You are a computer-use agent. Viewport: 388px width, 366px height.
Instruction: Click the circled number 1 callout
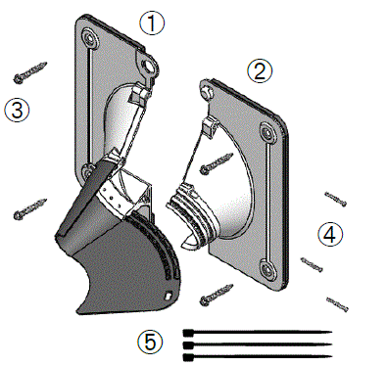[x=152, y=22]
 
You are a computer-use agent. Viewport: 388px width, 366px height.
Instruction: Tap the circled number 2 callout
[x=260, y=70]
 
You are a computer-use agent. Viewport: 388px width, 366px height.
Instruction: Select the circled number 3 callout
[x=17, y=110]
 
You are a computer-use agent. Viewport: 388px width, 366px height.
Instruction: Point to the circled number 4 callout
[x=330, y=234]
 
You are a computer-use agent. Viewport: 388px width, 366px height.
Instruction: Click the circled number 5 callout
[x=150, y=343]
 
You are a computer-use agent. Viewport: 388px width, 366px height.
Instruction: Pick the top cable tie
[x=258, y=333]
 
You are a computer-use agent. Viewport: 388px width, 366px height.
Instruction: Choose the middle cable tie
[x=258, y=344]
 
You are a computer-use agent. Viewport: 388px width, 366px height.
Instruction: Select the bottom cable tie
[x=258, y=357]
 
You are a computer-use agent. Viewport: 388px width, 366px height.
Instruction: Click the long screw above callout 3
[x=30, y=71]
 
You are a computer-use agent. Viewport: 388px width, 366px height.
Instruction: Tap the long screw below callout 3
[x=30, y=208]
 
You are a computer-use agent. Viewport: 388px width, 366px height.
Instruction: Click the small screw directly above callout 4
[x=335, y=199]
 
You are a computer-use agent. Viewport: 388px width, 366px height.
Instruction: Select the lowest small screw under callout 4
[x=337, y=304]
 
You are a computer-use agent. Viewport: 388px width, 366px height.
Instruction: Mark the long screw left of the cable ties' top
[x=217, y=295]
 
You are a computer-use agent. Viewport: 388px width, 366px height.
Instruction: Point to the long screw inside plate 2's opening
[x=217, y=163]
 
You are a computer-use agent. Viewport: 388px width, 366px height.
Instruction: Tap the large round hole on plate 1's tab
[x=150, y=67]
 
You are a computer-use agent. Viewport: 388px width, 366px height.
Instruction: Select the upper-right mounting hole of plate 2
[x=268, y=133]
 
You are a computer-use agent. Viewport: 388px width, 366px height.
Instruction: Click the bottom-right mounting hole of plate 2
[x=268, y=269]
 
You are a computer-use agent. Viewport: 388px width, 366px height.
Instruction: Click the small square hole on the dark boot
[x=169, y=295]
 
